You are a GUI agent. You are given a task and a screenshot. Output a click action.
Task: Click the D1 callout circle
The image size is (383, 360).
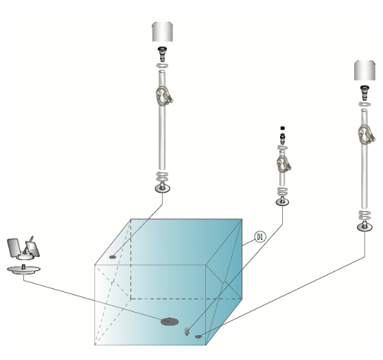point(259,237)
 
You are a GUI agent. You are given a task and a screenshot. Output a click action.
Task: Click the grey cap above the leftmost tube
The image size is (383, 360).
point(163,32)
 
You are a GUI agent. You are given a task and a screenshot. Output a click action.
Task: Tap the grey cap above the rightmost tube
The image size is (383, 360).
point(364,71)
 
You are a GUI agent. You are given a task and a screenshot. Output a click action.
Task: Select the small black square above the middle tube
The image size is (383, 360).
point(283,128)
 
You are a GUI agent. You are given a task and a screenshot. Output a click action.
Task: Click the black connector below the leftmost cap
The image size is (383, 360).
point(162,54)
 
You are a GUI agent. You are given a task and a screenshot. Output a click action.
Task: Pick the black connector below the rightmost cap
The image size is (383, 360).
point(364,93)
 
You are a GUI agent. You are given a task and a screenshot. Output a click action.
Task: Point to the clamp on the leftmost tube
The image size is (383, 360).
point(164,96)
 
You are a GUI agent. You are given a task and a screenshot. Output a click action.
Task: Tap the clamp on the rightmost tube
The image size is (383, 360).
point(367,135)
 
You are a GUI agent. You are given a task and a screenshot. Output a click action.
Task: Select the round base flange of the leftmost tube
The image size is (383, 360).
point(163,188)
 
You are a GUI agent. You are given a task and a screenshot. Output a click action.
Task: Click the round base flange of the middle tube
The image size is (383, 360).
point(282,202)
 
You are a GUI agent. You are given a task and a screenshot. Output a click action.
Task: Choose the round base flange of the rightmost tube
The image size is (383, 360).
point(364,227)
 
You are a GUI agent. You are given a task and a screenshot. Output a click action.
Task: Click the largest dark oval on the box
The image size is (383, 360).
point(170,322)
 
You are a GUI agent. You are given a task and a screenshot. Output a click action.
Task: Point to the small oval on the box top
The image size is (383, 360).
point(113,257)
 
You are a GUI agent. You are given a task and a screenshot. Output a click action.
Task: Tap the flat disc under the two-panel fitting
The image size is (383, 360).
point(24,269)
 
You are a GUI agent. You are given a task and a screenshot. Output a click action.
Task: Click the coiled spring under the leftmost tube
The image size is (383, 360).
point(162,177)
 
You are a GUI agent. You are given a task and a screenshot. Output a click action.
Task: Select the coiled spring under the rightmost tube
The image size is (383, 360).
point(364,215)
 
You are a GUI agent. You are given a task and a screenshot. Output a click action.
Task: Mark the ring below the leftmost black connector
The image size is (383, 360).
point(163,65)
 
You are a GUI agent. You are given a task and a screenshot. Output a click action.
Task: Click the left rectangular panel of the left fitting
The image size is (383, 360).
point(14,247)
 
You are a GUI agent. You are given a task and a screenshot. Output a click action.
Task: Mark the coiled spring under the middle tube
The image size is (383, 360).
point(282,191)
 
